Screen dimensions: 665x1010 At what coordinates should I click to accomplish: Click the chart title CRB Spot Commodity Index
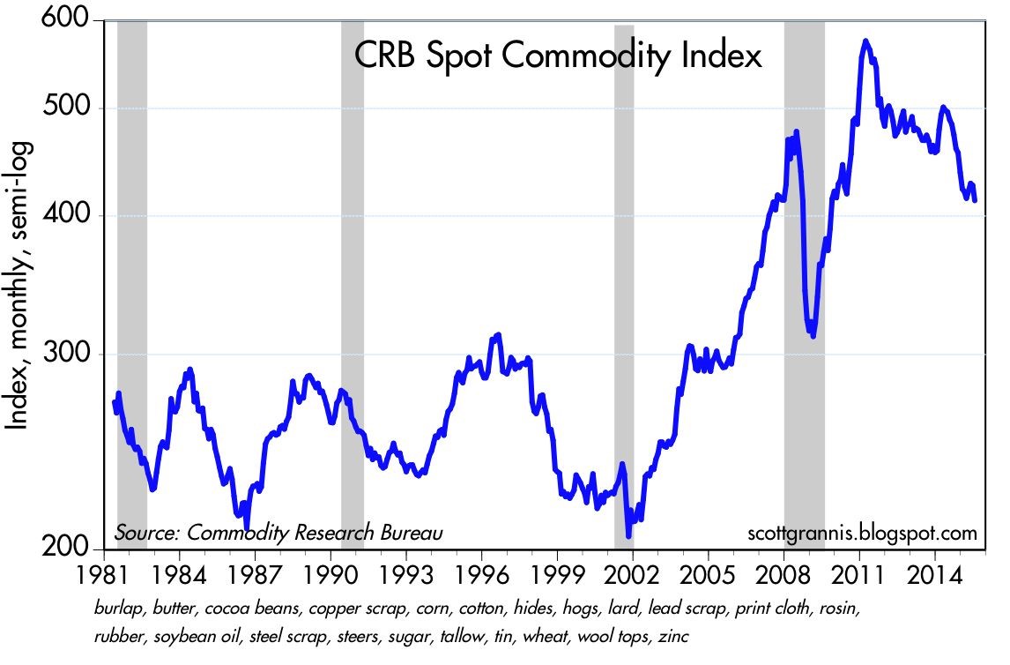click(557, 57)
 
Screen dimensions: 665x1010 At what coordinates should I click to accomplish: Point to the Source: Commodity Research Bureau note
click(278, 533)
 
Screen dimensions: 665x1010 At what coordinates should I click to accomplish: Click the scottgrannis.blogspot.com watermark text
click(862, 533)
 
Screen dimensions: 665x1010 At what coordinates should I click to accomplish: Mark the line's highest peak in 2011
click(866, 41)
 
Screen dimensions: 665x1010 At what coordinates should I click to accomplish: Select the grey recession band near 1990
click(353, 282)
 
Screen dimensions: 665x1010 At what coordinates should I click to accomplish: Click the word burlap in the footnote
click(114, 609)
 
